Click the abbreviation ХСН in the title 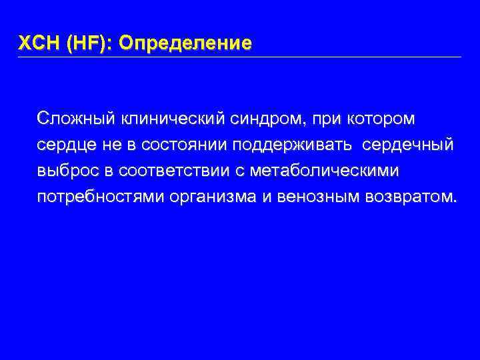tap(39, 44)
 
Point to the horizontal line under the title tap(240, 57)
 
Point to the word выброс tap(67, 171)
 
